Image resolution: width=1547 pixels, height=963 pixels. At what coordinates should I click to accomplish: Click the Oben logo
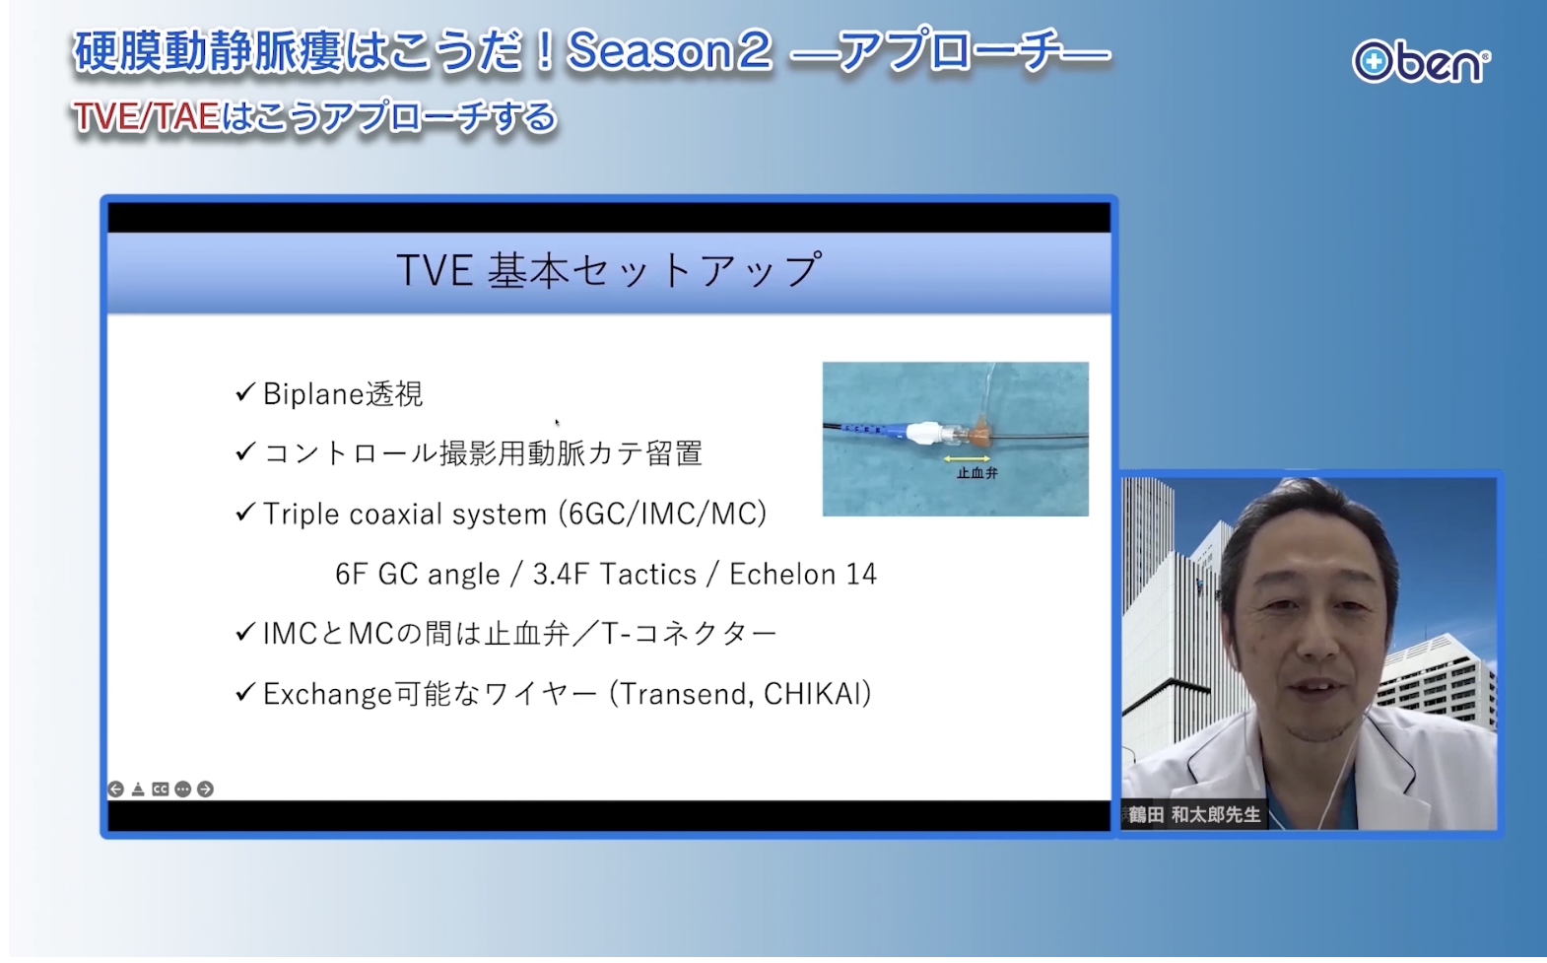click(x=1421, y=62)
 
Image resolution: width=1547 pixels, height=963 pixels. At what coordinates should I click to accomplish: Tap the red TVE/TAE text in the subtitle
click(x=147, y=116)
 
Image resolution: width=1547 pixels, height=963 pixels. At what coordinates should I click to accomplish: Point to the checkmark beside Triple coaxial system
click(x=245, y=512)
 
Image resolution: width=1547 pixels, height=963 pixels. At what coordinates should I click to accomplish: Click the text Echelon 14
click(x=802, y=574)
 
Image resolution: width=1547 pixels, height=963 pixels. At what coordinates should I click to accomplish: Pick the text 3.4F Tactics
click(x=614, y=574)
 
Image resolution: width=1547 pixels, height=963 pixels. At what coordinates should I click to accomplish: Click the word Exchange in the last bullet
click(x=328, y=694)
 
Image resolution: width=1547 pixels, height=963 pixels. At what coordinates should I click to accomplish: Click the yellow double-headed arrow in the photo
click(x=967, y=458)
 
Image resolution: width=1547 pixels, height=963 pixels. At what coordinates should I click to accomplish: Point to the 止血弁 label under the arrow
click(x=977, y=473)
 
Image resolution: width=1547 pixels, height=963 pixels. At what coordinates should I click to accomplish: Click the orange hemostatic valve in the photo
click(x=979, y=435)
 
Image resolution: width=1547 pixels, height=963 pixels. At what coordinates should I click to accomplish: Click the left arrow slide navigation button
click(x=116, y=789)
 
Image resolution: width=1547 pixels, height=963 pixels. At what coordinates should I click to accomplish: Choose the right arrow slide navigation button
click(x=205, y=789)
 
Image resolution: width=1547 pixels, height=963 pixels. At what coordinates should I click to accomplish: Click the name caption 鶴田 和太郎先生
click(x=1194, y=815)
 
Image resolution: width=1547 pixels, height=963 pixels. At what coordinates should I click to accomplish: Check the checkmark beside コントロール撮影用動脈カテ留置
click(x=245, y=451)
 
